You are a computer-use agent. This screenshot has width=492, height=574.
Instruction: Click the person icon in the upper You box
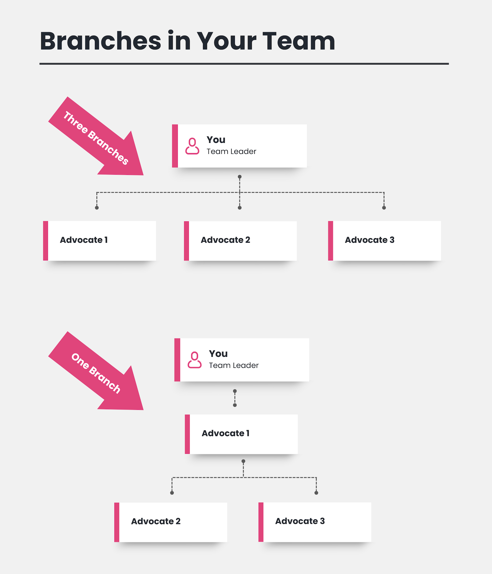point(192,146)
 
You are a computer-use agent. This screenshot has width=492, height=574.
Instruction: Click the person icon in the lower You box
point(194,360)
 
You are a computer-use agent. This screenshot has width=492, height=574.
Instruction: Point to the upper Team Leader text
point(231,152)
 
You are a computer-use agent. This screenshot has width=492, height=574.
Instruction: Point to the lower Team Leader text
point(234,366)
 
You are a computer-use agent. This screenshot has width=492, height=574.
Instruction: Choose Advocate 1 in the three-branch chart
point(84,240)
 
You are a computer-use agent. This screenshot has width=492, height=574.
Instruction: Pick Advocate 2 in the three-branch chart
point(225,240)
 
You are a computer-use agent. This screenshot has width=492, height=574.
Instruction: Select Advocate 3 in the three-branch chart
point(370,240)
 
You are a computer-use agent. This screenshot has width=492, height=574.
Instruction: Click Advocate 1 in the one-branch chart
point(226,433)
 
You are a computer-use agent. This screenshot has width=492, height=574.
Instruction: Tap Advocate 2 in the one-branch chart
point(156,521)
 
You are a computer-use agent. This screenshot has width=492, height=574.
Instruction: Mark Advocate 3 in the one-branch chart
point(300,521)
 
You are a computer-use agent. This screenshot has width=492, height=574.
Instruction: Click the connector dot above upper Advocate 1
point(97,208)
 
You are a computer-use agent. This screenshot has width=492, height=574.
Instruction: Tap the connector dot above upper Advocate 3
point(384,208)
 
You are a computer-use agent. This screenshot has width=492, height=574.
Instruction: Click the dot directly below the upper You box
point(240,177)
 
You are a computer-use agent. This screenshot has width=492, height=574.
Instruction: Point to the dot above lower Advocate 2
point(172,493)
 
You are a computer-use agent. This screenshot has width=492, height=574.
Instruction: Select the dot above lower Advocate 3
point(316,493)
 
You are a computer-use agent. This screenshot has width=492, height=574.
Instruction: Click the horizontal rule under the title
point(244,64)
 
